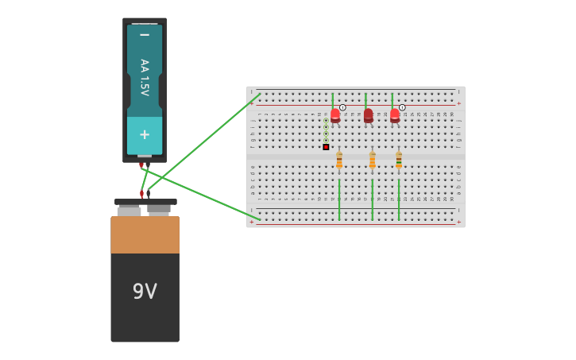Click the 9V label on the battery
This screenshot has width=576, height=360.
tap(145, 292)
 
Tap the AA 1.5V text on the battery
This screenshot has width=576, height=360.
tap(145, 77)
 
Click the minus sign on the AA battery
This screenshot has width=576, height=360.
tap(145, 35)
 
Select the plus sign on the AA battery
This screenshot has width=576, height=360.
tap(145, 134)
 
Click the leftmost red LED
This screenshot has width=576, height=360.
tap(335, 116)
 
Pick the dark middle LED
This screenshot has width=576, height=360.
tap(368, 116)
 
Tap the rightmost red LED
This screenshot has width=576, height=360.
tap(395, 116)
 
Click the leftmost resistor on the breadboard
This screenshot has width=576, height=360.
tap(339, 160)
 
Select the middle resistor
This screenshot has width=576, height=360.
tap(372, 160)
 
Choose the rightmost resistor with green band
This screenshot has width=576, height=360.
tap(399, 160)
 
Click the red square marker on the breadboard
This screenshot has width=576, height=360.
tap(326, 147)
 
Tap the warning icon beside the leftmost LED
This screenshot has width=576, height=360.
tap(342, 107)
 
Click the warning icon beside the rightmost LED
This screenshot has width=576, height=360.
tap(402, 107)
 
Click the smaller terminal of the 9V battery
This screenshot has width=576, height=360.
tap(159, 210)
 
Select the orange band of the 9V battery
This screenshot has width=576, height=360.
tap(145, 234)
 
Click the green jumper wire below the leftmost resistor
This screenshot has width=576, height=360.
tap(339, 199)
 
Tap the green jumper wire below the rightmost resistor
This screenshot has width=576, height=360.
tap(399, 199)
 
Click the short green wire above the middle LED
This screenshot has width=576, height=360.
tap(365, 100)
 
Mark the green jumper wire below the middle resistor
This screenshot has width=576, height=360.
tap(372, 199)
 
